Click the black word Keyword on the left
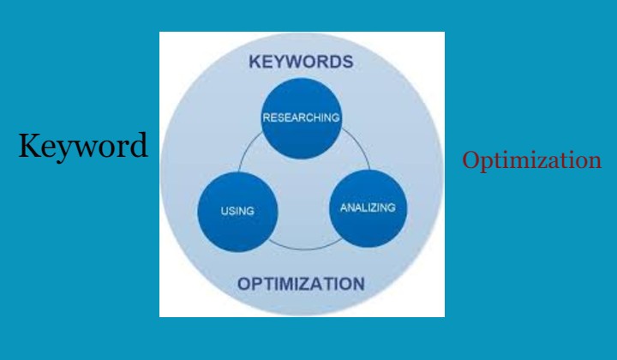(x=83, y=146)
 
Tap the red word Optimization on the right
(x=531, y=160)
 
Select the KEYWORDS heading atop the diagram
(x=301, y=62)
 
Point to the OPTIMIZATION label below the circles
(x=301, y=284)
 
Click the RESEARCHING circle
(x=301, y=117)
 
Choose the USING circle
(x=237, y=211)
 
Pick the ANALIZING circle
(x=368, y=207)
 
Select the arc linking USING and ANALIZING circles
(x=303, y=247)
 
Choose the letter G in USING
(x=249, y=211)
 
